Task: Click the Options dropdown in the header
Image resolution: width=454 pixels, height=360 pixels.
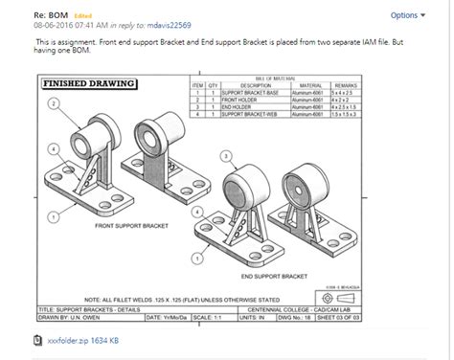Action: [x=407, y=15]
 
